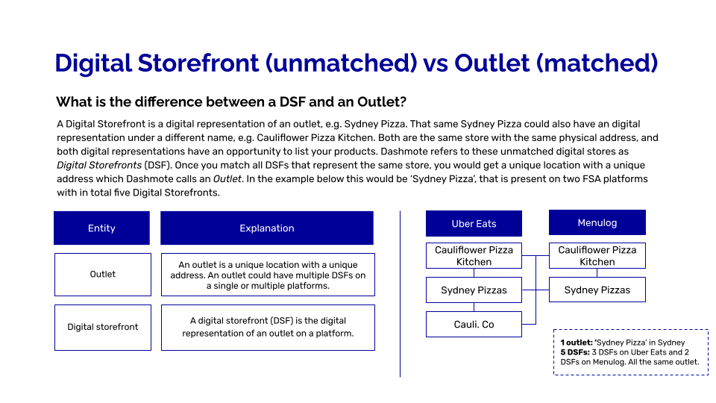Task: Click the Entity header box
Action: click(101, 228)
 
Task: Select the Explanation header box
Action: click(266, 228)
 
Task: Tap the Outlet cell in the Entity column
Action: click(102, 274)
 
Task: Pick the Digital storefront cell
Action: click(102, 327)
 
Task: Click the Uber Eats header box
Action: click(474, 223)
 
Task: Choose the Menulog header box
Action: click(597, 222)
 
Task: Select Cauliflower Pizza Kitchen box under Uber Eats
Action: click(474, 255)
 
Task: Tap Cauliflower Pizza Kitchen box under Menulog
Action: click(597, 255)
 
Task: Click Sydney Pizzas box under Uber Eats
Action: click(474, 290)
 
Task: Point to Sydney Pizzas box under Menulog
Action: click(597, 290)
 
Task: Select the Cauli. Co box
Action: click(474, 324)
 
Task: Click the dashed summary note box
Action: click(630, 352)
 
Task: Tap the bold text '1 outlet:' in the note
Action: click(576, 343)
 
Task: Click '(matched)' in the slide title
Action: click(597, 63)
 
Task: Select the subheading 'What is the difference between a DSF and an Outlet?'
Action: click(231, 101)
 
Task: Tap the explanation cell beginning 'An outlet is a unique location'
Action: click(267, 275)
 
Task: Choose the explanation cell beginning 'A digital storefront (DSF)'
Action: click(267, 327)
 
